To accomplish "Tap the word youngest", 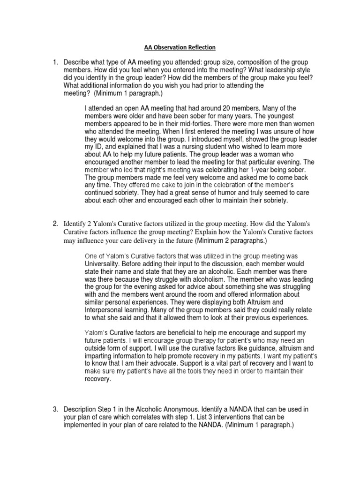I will [285, 116].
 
